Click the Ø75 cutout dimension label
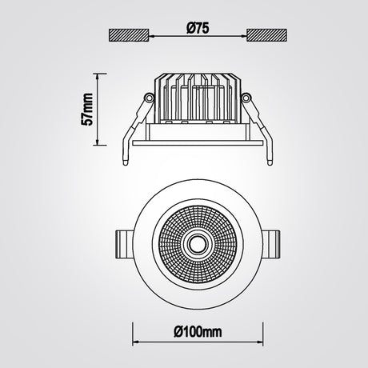click(x=198, y=29)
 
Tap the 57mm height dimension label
click(x=88, y=109)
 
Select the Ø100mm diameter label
click(x=198, y=332)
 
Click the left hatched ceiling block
click(x=128, y=35)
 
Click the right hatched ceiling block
click(x=267, y=35)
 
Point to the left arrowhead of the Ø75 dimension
click(x=151, y=35)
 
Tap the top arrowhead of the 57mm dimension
click(x=98, y=76)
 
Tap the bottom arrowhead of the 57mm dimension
click(x=98, y=142)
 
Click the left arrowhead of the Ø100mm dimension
click(x=136, y=342)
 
